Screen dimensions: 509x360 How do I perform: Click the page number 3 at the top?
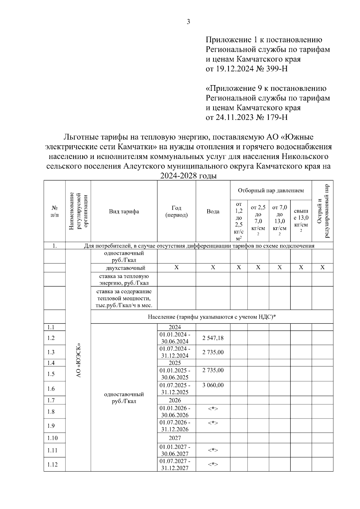[x=188, y=22]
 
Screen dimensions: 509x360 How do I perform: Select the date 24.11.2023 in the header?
[x=233, y=117]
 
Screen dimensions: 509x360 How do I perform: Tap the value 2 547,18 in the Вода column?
[x=213, y=338]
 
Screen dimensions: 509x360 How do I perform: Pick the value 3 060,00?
[x=213, y=385]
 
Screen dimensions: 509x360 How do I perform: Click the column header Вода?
[x=213, y=211]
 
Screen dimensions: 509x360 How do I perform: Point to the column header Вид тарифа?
[x=124, y=211]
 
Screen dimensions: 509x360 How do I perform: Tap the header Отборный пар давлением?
[x=271, y=190]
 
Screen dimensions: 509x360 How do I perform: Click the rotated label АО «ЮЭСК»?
[x=79, y=360]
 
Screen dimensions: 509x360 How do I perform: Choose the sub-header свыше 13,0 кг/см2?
[x=301, y=221]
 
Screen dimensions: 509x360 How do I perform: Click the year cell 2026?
[x=175, y=400]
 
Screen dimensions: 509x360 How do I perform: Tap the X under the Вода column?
[x=213, y=267]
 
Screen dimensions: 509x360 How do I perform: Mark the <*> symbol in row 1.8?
[x=213, y=409]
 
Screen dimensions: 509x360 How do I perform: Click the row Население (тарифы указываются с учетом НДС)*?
[x=212, y=317]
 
